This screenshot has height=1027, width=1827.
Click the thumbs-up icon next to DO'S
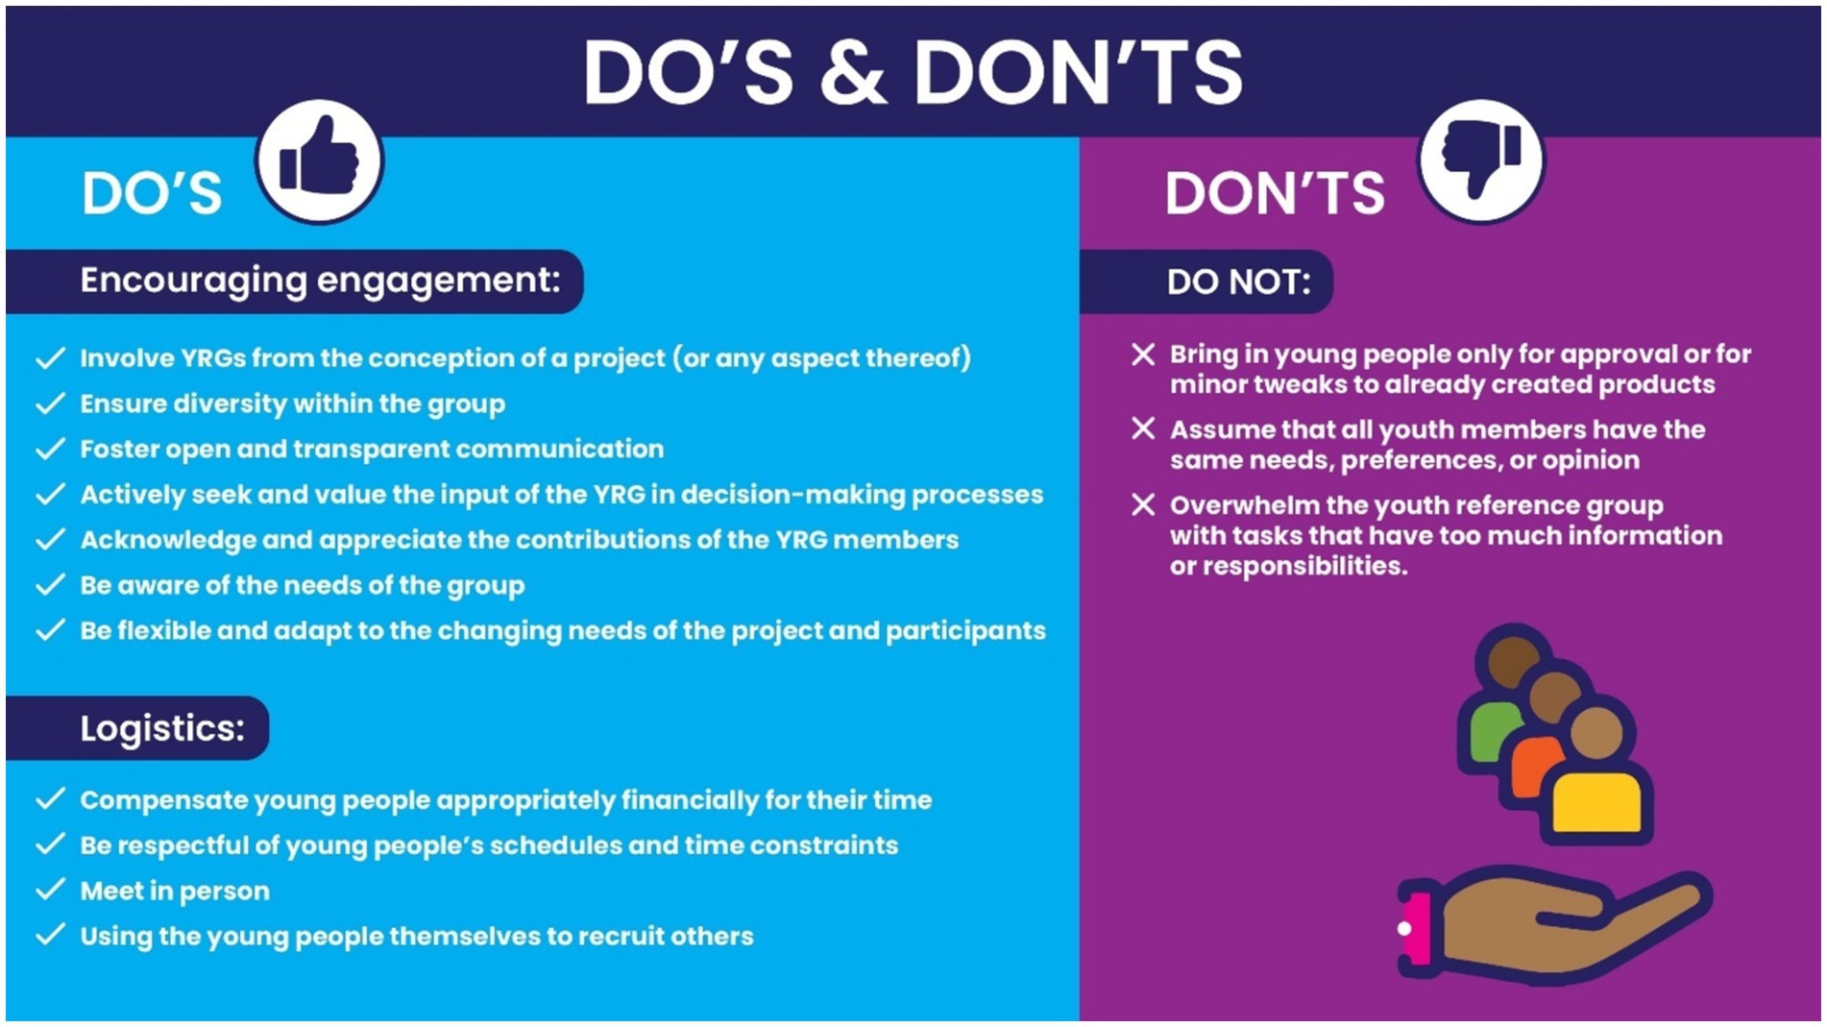[x=319, y=159]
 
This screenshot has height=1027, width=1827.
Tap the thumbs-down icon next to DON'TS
[x=1481, y=159]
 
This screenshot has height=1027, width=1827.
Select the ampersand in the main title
[x=853, y=72]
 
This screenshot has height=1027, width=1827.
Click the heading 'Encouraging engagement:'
[x=320, y=281]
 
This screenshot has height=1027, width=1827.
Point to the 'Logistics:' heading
[x=162, y=728]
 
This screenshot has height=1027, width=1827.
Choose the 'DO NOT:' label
[x=1238, y=281]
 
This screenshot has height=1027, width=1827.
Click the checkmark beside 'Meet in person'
[x=50, y=889]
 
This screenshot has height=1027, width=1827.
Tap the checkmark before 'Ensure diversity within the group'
[x=50, y=403]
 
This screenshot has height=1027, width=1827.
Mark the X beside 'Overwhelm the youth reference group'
[x=1143, y=504]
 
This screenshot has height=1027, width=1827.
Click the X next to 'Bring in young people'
[x=1143, y=354]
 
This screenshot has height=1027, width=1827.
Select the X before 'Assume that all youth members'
[x=1143, y=428]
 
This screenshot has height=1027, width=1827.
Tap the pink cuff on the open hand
[x=1415, y=928]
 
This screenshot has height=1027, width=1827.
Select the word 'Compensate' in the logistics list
[x=164, y=800]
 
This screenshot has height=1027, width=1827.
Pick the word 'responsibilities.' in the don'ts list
[x=1288, y=567]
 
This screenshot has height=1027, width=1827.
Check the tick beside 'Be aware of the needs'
[x=50, y=584]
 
